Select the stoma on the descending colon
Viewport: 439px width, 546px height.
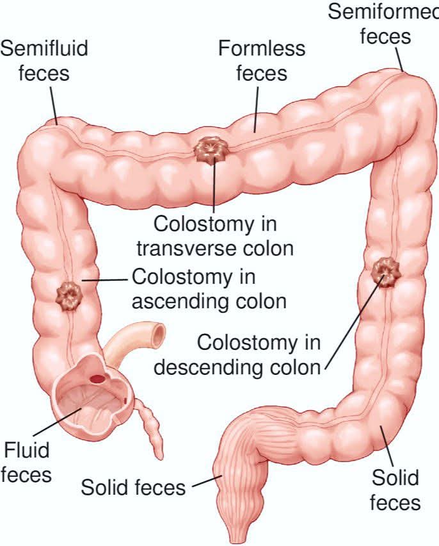pyautogui.click(x=387, y=272)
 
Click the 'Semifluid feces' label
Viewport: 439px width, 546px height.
pyautogui.click(x=44, y=61)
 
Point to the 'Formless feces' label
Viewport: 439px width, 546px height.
pyautogui.click(x=262, y=61)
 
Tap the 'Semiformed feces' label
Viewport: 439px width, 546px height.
pyautogui.click(x=383, y=24)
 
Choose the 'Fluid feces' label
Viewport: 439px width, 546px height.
pyautogui.click(x=26, y=462)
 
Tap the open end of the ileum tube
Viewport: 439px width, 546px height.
pyautogui.click(x=159, y=335)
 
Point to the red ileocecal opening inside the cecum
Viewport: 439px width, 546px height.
pyautogui.click(x=98, y=378)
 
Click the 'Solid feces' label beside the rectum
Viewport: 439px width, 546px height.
pyautogui.click(x=133, y=487)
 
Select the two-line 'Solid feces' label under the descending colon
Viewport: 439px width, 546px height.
pyautogui.click(x=395, y=490)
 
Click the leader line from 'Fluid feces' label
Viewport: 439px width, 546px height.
pyautogui.click(x=58, y=422)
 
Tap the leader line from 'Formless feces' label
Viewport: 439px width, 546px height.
pyautogui.click(x=257, y=110)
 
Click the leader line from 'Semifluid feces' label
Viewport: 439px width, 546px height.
pyautogui.click(x=53, y=104)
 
